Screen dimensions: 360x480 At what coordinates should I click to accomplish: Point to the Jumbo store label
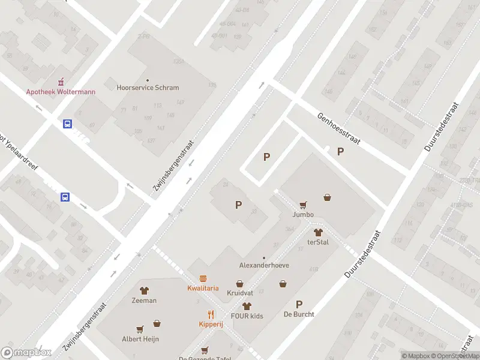[x=303, y=214]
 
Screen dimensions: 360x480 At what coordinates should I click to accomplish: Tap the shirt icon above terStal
[x=318, y=232]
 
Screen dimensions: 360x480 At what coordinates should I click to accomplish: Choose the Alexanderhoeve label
[x=264, y=265]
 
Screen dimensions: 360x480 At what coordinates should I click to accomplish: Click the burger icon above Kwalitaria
[x=203, y=278]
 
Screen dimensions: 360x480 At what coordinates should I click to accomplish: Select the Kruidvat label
[x=239, y=293]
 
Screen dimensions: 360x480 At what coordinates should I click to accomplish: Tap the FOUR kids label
[x=247, y=315]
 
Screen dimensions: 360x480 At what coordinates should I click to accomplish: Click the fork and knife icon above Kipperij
[x=211, y=314]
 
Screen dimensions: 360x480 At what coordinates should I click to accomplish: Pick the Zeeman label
[x=144, y=300]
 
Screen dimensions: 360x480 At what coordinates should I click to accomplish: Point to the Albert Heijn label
[x=140, y=338]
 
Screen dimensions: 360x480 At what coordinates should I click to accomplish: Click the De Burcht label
[x=299, y=314]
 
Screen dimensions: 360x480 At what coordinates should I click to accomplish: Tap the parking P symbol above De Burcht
[x=299, y=304]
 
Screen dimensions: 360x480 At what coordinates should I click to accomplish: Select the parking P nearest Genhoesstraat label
[x=340, y=152]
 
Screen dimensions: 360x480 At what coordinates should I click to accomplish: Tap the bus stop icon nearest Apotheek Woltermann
[x=68, y=124]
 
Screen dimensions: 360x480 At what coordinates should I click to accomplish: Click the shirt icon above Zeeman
[x=144, y=290]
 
